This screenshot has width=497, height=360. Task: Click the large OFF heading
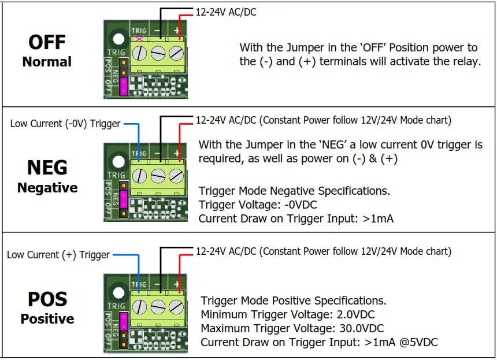pyautogui.click(x=47, y=42)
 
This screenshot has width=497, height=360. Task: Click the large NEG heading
pyautogui.click(x=47, y=168)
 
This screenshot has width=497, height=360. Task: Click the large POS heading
pyautogui.click(x=47, y=299)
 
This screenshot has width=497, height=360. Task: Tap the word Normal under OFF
pyautogui.click(x=47, y=62)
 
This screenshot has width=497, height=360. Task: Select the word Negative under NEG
pyautogui.click(x=47, y=188)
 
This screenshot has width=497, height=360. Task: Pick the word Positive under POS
pyautogui.click(x=47, y=319)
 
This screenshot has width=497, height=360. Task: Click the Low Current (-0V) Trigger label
pyautogui.click(x=65, y=124)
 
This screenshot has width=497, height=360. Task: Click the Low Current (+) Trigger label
pyautogui.click(x=58, y=255)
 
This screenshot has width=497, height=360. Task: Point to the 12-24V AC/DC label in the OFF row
pyautogui.click(x=226, y=12)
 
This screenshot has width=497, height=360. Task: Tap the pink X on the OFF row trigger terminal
pyautogui.click(x=139, y=39)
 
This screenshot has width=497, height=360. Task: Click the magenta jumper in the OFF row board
pyautogui.click(x=123, y=85)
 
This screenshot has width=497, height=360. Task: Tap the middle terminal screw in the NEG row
pyautogui.click(x=158, y=176)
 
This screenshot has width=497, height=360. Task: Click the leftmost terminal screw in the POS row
pyautogui.click(x=139, y=307)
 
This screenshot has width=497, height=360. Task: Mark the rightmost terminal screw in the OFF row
pyautogui.click(x=177, y=53)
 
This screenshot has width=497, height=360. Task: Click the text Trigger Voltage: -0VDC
pyautogui.click(x=258, y=205)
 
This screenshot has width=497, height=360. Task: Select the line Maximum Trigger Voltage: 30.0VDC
pyautogui.click(x=292, y=329)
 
